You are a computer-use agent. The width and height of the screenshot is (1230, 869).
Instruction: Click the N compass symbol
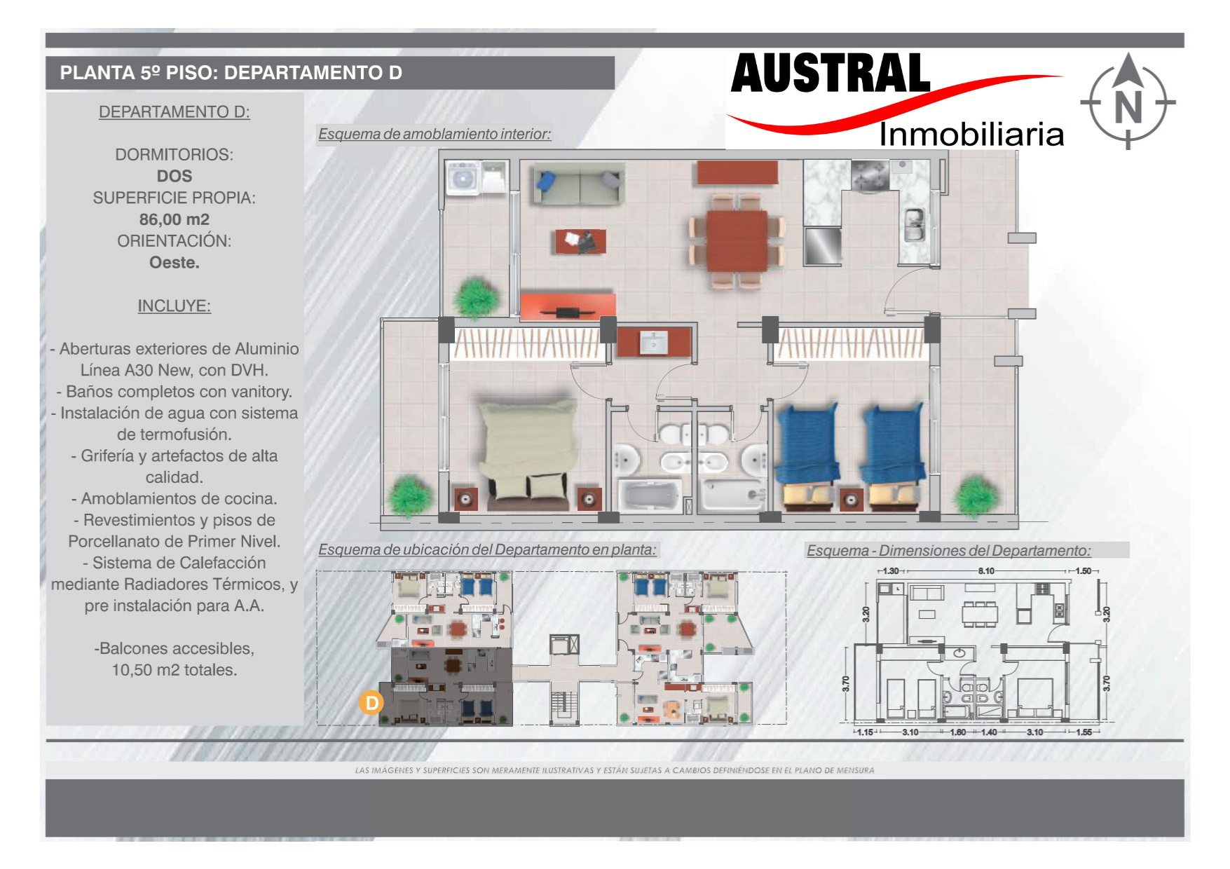(x=1128, y=102)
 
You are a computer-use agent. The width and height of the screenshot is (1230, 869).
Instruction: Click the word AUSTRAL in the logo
(x=831, y=74)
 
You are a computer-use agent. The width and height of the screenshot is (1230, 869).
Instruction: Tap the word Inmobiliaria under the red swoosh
(x=971, y=134)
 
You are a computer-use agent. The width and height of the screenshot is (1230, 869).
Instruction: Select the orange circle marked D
(x=371, y=703)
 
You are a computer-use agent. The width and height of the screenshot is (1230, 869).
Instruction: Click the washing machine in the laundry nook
(x=462, y=177)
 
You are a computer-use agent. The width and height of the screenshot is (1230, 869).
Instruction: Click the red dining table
(x=737, y=240)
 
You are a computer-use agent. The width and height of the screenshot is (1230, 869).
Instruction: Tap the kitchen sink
(x=914, y=225)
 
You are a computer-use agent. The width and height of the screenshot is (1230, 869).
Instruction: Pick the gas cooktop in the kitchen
(x=870, y=175)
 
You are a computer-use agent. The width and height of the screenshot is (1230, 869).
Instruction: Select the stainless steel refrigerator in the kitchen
(x=822, y=245)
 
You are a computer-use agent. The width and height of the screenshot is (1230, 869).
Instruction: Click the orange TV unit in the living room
(x=568, y=306)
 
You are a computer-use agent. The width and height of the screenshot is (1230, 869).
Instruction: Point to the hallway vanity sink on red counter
(x=653, y=343)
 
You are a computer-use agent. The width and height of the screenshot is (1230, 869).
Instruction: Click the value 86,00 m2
(x=175, y=219)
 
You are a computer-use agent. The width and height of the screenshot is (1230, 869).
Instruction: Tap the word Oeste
(x=175, y=263)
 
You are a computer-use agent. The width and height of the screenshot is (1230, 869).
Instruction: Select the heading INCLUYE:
(x=175, y=306)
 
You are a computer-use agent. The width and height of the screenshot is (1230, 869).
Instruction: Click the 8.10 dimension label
(x=986, y=571)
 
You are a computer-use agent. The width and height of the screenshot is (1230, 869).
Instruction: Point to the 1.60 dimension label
(x=958, y=732)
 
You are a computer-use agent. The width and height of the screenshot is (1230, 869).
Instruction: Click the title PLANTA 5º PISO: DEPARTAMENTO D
(x=231, y=73)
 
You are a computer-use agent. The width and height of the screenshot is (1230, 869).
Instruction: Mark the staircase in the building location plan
(x=564, y=707)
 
